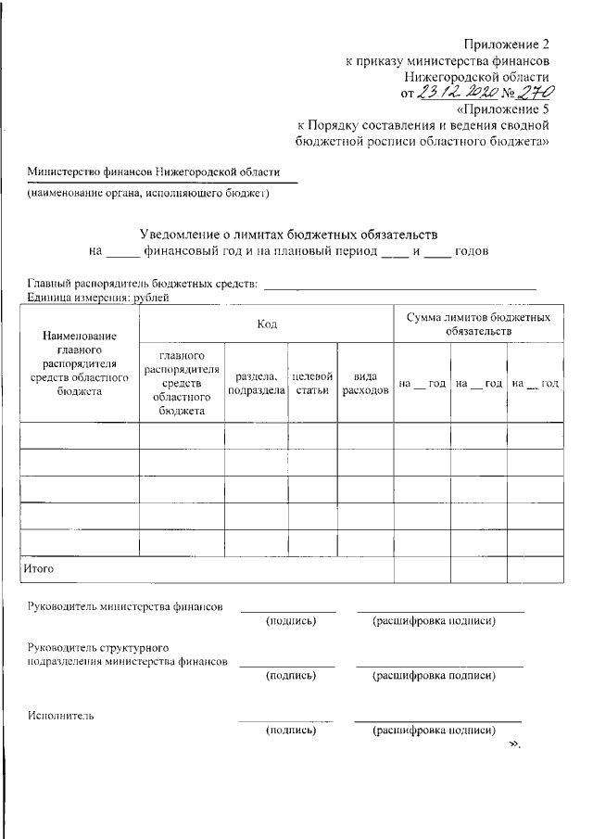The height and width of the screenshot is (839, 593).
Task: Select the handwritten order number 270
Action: tap(535, 93)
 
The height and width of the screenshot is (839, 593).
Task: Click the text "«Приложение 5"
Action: tap(502, 108)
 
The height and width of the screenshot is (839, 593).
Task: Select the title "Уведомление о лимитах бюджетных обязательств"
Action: tap(288, 235)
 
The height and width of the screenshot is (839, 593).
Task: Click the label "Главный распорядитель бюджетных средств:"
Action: tap(142, 284)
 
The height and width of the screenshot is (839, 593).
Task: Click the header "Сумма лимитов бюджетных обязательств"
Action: tap(478, 324)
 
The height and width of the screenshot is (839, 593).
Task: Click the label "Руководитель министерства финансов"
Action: tap(125, 608)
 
